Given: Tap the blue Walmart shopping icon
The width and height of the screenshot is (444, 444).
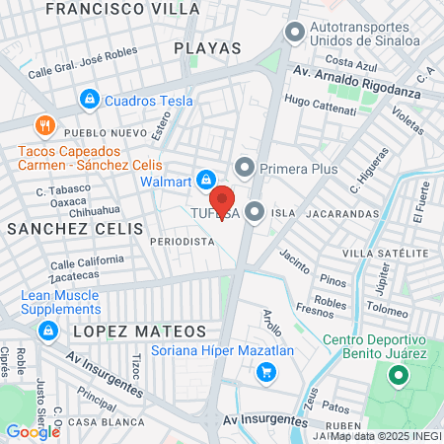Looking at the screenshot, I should click(206, 180).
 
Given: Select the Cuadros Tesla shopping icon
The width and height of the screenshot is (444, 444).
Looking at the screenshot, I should click(89, 99).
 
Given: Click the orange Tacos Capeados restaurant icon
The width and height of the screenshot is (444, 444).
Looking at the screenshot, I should click(43, 126).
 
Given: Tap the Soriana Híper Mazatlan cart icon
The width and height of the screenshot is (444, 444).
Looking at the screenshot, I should click(263, 372).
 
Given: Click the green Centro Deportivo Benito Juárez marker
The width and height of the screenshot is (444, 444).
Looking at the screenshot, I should click(398, 376).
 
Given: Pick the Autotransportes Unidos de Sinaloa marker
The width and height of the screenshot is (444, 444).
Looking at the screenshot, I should click(293, 33).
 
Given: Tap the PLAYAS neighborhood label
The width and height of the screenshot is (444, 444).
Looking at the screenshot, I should click(207, 46).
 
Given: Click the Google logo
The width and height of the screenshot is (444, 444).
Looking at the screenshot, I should click(32, 431).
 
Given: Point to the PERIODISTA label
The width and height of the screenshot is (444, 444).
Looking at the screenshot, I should click(182, 240).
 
